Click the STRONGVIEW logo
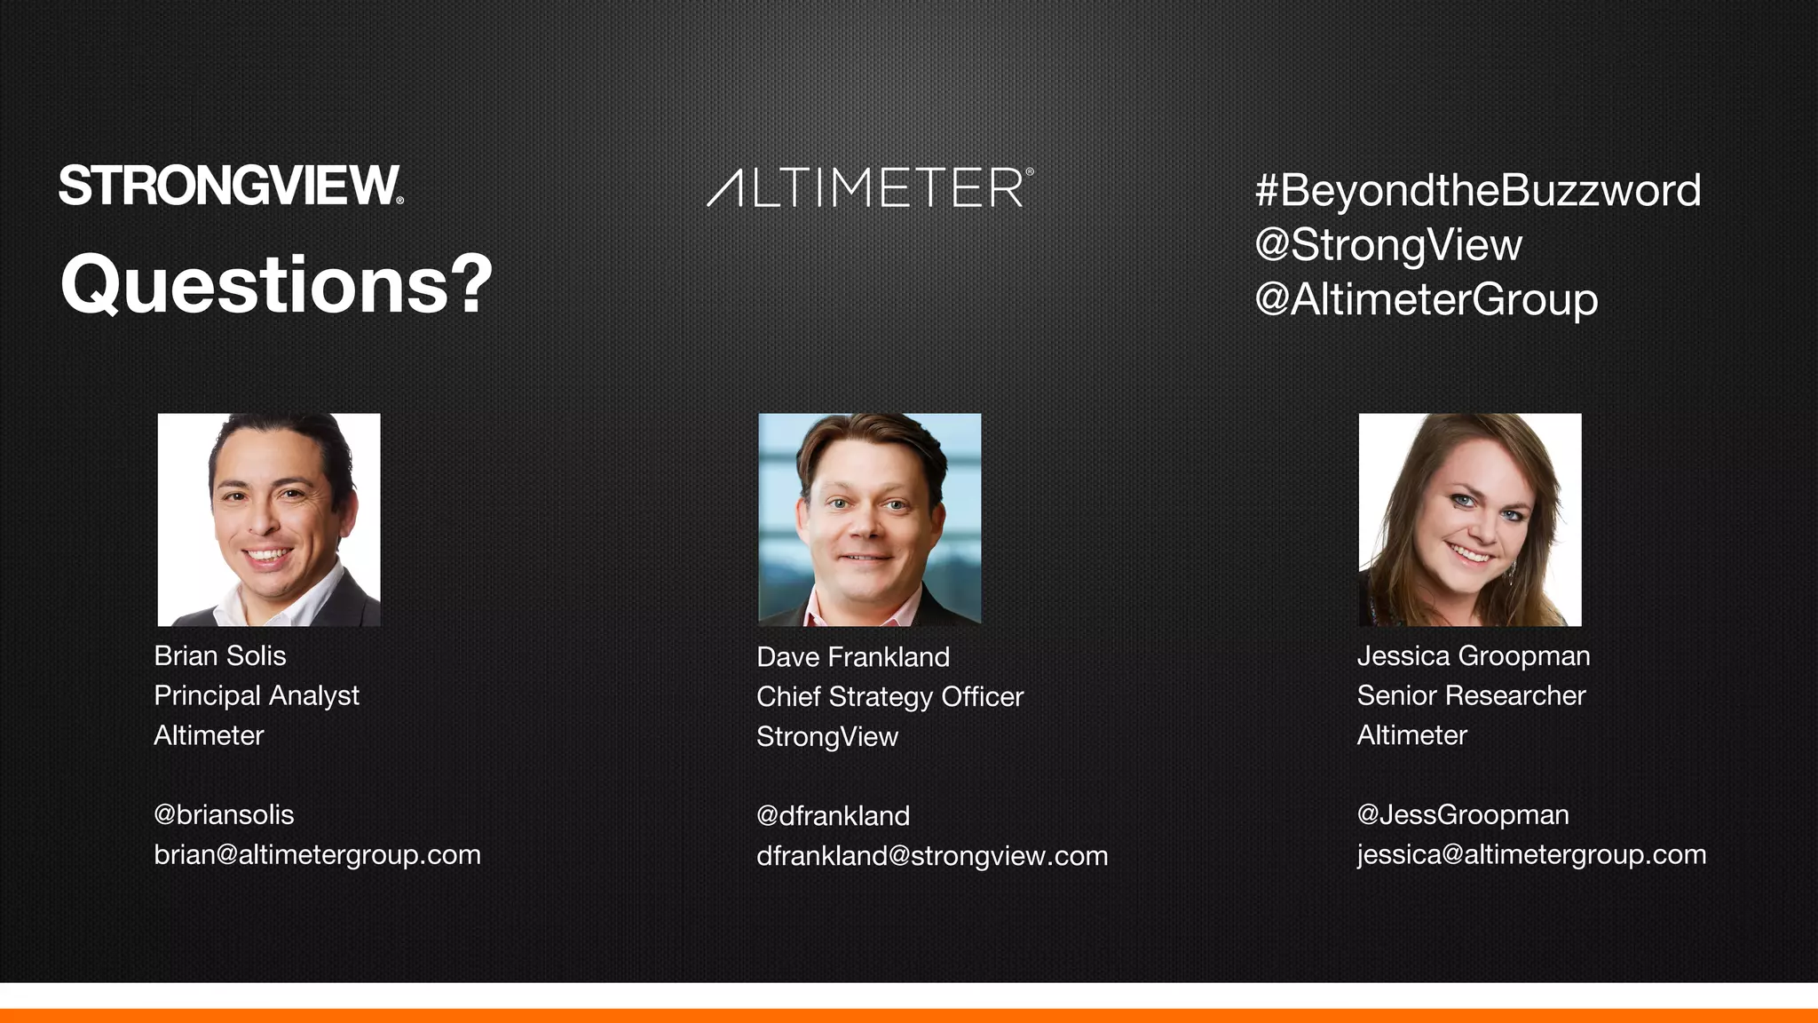[231, 186]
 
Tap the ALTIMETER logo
[870, 187]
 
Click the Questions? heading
[276, 284]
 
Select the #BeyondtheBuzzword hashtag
[1477, 190]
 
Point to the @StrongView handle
[1388, 245]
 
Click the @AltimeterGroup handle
[1426, 299]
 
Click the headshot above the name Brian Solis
[269, 519]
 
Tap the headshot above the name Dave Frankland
[870, 519]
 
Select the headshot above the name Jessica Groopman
[1470, 519]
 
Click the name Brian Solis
[220, 655]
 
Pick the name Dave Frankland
[853, 657]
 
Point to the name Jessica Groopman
[1474, 655]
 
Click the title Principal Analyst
[257, 695]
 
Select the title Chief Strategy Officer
[889, 697]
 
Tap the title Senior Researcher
[1471, 695]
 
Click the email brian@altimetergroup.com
[317, 854]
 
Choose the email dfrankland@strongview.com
[932, 856]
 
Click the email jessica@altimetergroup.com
[1531, 854]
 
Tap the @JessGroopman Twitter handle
[1463, 814]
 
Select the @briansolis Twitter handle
[224, 814]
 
